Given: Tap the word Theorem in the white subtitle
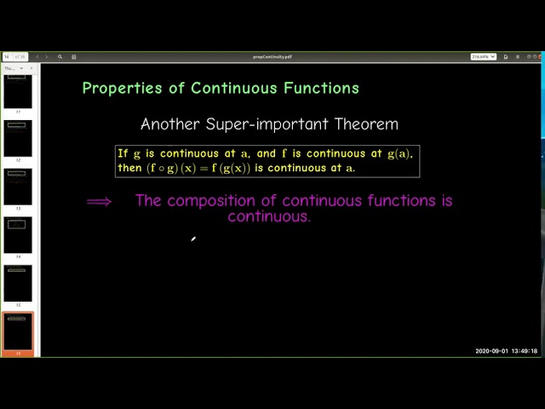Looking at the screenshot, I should (x=366, y=124).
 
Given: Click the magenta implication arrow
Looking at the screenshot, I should (x=99, y=202).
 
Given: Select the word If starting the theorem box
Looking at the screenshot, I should (x=123, y=154).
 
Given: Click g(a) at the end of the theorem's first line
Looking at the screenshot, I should (x=399, y=154).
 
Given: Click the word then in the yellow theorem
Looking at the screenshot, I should (x=129, y=168).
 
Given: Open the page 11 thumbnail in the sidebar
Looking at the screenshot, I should (x=18, y=92).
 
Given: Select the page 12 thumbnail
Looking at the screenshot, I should (x=18, y=139).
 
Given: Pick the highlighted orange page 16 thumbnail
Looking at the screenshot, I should (x=18, y=331).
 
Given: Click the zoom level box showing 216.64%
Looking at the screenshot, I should (x=483, y=57).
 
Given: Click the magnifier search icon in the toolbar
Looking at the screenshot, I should (x=60, y=57).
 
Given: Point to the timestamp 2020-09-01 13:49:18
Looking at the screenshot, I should (x=506, y=351).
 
